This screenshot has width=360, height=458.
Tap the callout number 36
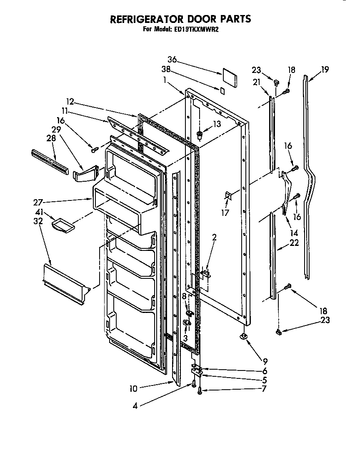tap(172, 60)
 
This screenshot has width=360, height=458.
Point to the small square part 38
tap(222, 90)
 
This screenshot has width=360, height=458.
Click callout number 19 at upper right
tap(325, 70)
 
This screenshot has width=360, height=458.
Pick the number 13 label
tap(217, 123)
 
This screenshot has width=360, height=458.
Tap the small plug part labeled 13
tap(200, 134)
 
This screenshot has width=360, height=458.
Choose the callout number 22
tap(294, 243)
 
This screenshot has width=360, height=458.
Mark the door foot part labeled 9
tap(243, 337)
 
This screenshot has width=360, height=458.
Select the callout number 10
tap(133, 389)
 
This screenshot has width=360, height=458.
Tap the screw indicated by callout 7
tap(200, 390)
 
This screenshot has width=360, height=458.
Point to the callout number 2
tap(214, 238)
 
